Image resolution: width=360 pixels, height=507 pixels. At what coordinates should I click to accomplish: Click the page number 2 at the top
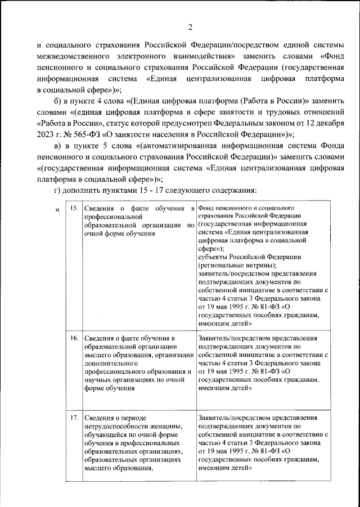[191, 27]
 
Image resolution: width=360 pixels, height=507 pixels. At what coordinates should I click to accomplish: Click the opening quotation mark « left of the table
[57, 210]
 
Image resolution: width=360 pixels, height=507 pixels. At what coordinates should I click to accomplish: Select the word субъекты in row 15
[213, 257]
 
